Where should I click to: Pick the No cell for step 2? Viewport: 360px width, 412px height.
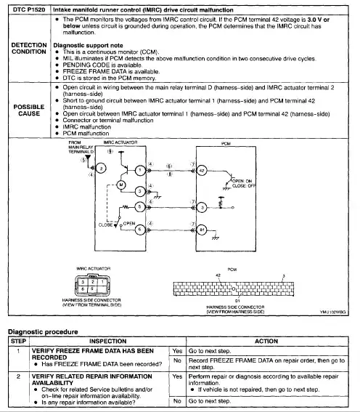coord(177,400)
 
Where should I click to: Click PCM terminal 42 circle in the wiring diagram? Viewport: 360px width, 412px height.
coord(202,168)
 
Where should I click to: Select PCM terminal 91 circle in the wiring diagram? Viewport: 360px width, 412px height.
coord(202,229)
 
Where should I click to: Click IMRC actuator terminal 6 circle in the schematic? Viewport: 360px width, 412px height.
coord(140,229)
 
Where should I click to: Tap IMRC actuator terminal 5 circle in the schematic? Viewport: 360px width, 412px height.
coord(140,206)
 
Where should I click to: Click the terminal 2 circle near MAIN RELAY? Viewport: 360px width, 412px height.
coord(101,168)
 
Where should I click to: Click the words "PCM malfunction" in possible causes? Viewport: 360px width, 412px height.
coord(86,134)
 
